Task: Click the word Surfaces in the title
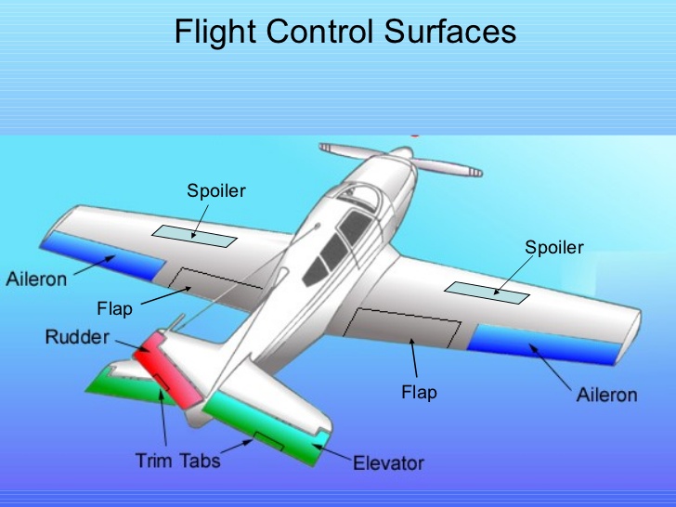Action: coord(450,31)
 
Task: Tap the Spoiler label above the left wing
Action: coord(216,191)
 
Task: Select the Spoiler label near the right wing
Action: coord(554,247)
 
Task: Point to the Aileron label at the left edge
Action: coord(36,279)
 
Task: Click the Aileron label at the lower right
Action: coord(606,395)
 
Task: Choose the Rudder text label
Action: coord(77,337)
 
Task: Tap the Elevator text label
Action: coord(388,463)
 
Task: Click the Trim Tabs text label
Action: coord(178,461)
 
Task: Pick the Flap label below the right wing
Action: coord(419,392)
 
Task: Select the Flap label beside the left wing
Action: coord(115,308)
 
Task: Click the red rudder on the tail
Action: coord(167,370)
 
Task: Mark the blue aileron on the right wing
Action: coord(544,344)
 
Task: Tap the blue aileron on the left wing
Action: coord(102,255)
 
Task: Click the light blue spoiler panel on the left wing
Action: coord(194,236)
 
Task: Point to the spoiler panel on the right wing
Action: coord(487,292)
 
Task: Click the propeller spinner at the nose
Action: coord(401,152)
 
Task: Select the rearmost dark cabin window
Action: coord(316,271)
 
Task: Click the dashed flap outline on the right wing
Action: coord(402,328)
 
